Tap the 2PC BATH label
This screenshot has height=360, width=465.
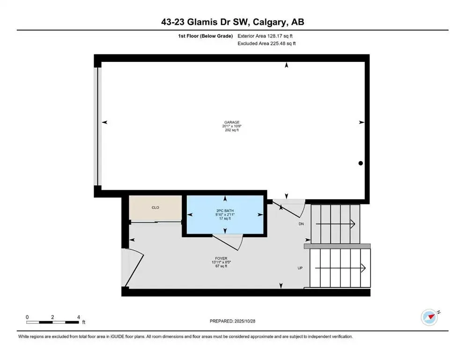225,210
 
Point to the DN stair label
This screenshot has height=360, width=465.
301,224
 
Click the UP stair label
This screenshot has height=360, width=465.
300,268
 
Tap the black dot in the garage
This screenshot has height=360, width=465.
361,163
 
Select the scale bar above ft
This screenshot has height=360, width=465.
52,322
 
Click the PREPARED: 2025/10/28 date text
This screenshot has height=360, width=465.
232,321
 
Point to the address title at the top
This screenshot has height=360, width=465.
232,22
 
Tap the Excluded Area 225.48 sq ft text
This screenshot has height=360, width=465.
267,43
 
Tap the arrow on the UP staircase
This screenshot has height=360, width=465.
340,268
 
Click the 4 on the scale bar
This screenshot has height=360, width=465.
78,317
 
